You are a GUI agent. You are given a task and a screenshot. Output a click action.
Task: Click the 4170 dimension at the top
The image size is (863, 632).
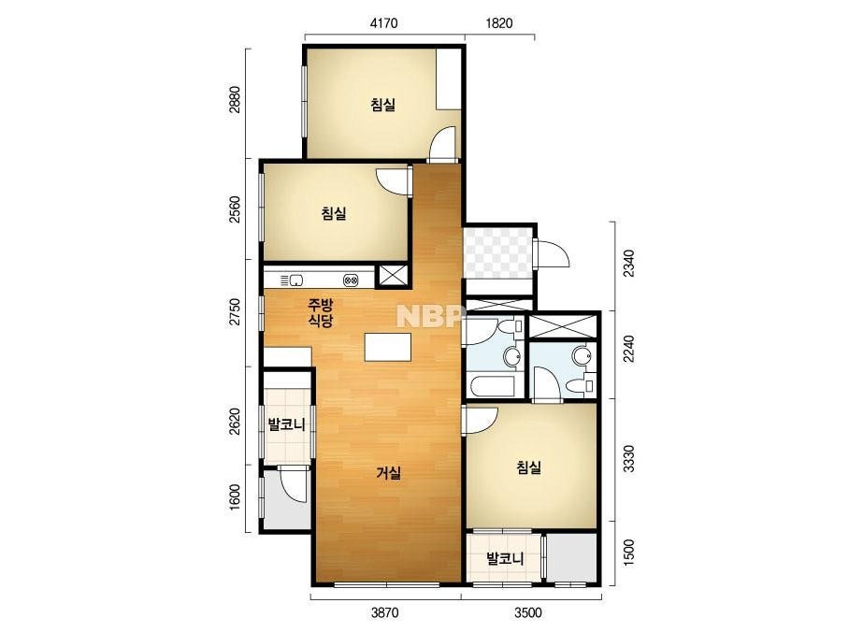[384, 23]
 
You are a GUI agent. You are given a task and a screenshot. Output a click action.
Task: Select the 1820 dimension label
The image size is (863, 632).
[499, 23]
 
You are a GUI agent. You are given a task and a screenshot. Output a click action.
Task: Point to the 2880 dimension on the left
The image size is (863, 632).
[235, 100]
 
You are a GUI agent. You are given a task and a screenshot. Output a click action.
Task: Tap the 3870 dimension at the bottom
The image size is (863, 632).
[384, 612]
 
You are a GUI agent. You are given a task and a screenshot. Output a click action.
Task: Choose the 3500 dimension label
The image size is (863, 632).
[528, 612]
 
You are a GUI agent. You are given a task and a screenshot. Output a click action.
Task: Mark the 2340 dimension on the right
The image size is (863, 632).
[629, 263]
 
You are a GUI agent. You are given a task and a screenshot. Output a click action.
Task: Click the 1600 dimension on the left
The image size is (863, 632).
[235, 497]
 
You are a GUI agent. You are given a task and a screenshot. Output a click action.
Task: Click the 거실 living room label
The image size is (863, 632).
[389, 472]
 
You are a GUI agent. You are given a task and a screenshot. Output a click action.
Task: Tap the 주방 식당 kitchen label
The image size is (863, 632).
[321, 312]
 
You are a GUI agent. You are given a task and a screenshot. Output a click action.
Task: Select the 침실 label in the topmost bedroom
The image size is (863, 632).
[383, 104]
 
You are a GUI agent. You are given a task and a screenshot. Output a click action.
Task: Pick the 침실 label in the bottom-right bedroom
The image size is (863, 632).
[529, 467]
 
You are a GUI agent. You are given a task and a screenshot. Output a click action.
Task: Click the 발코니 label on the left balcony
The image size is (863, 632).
[286, 424]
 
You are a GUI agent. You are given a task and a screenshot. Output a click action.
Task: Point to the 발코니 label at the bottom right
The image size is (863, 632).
[505, 559]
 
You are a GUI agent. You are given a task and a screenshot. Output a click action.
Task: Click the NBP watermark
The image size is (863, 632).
[428, 316]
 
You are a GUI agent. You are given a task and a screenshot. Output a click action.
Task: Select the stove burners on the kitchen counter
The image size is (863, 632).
[352, 280]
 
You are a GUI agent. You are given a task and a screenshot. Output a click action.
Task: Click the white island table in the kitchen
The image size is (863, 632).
[388, 347]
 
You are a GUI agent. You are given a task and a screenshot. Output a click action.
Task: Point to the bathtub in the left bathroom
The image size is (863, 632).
[491, 385]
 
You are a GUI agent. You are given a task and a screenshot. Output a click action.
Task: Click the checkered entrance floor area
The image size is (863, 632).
[498, 253]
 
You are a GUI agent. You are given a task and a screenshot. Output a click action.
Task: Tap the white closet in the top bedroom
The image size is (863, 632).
[449, 79]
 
